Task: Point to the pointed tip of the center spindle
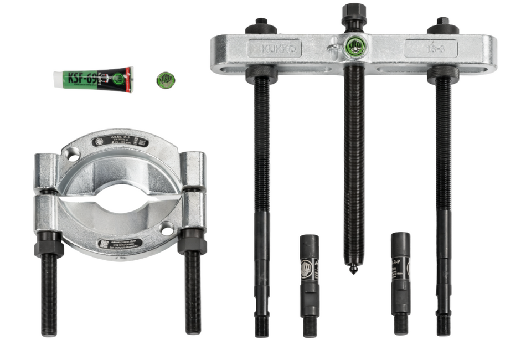(x=353, y=270)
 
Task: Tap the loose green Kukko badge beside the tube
(x=166, y=80)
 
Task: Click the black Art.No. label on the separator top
(x=120, y=142)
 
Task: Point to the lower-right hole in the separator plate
(x=166, y=228)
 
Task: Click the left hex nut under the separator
(x=49, y=243)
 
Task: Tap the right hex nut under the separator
(x=192, y=242)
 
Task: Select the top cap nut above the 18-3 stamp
(x=442, y=25)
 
